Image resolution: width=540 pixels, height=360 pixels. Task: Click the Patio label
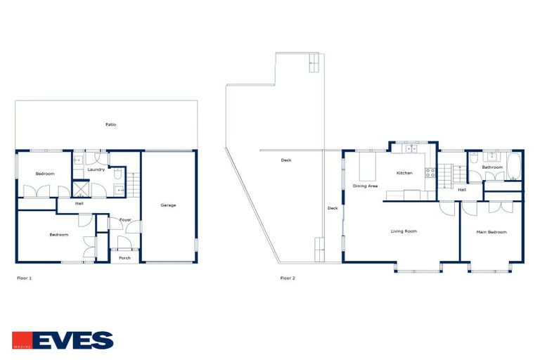[x=110, y=124]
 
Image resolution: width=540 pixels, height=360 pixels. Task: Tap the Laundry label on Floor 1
[x=96, y=169]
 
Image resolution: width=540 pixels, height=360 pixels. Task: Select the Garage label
[x=168, y=205]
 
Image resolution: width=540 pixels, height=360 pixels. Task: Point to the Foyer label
[x=125, y=220]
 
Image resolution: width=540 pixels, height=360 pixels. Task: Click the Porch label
[x=124, y=257]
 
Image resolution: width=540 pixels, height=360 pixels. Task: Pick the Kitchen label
[x=404, y=173]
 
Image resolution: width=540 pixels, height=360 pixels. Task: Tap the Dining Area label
[x=366, y=186]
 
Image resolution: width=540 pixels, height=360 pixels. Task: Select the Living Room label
[x=404, y=231]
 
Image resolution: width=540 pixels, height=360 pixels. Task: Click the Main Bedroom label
[x=491, y=231]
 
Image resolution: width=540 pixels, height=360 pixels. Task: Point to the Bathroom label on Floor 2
[x=492, y=167]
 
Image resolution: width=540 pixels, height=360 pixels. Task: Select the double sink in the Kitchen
[x=410, y=148]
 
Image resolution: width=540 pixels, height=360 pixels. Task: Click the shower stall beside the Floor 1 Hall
[x=82, y=188]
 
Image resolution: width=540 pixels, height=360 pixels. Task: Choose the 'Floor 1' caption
[x=25, y=278]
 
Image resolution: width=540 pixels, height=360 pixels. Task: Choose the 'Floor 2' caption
[x=288, y=278]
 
